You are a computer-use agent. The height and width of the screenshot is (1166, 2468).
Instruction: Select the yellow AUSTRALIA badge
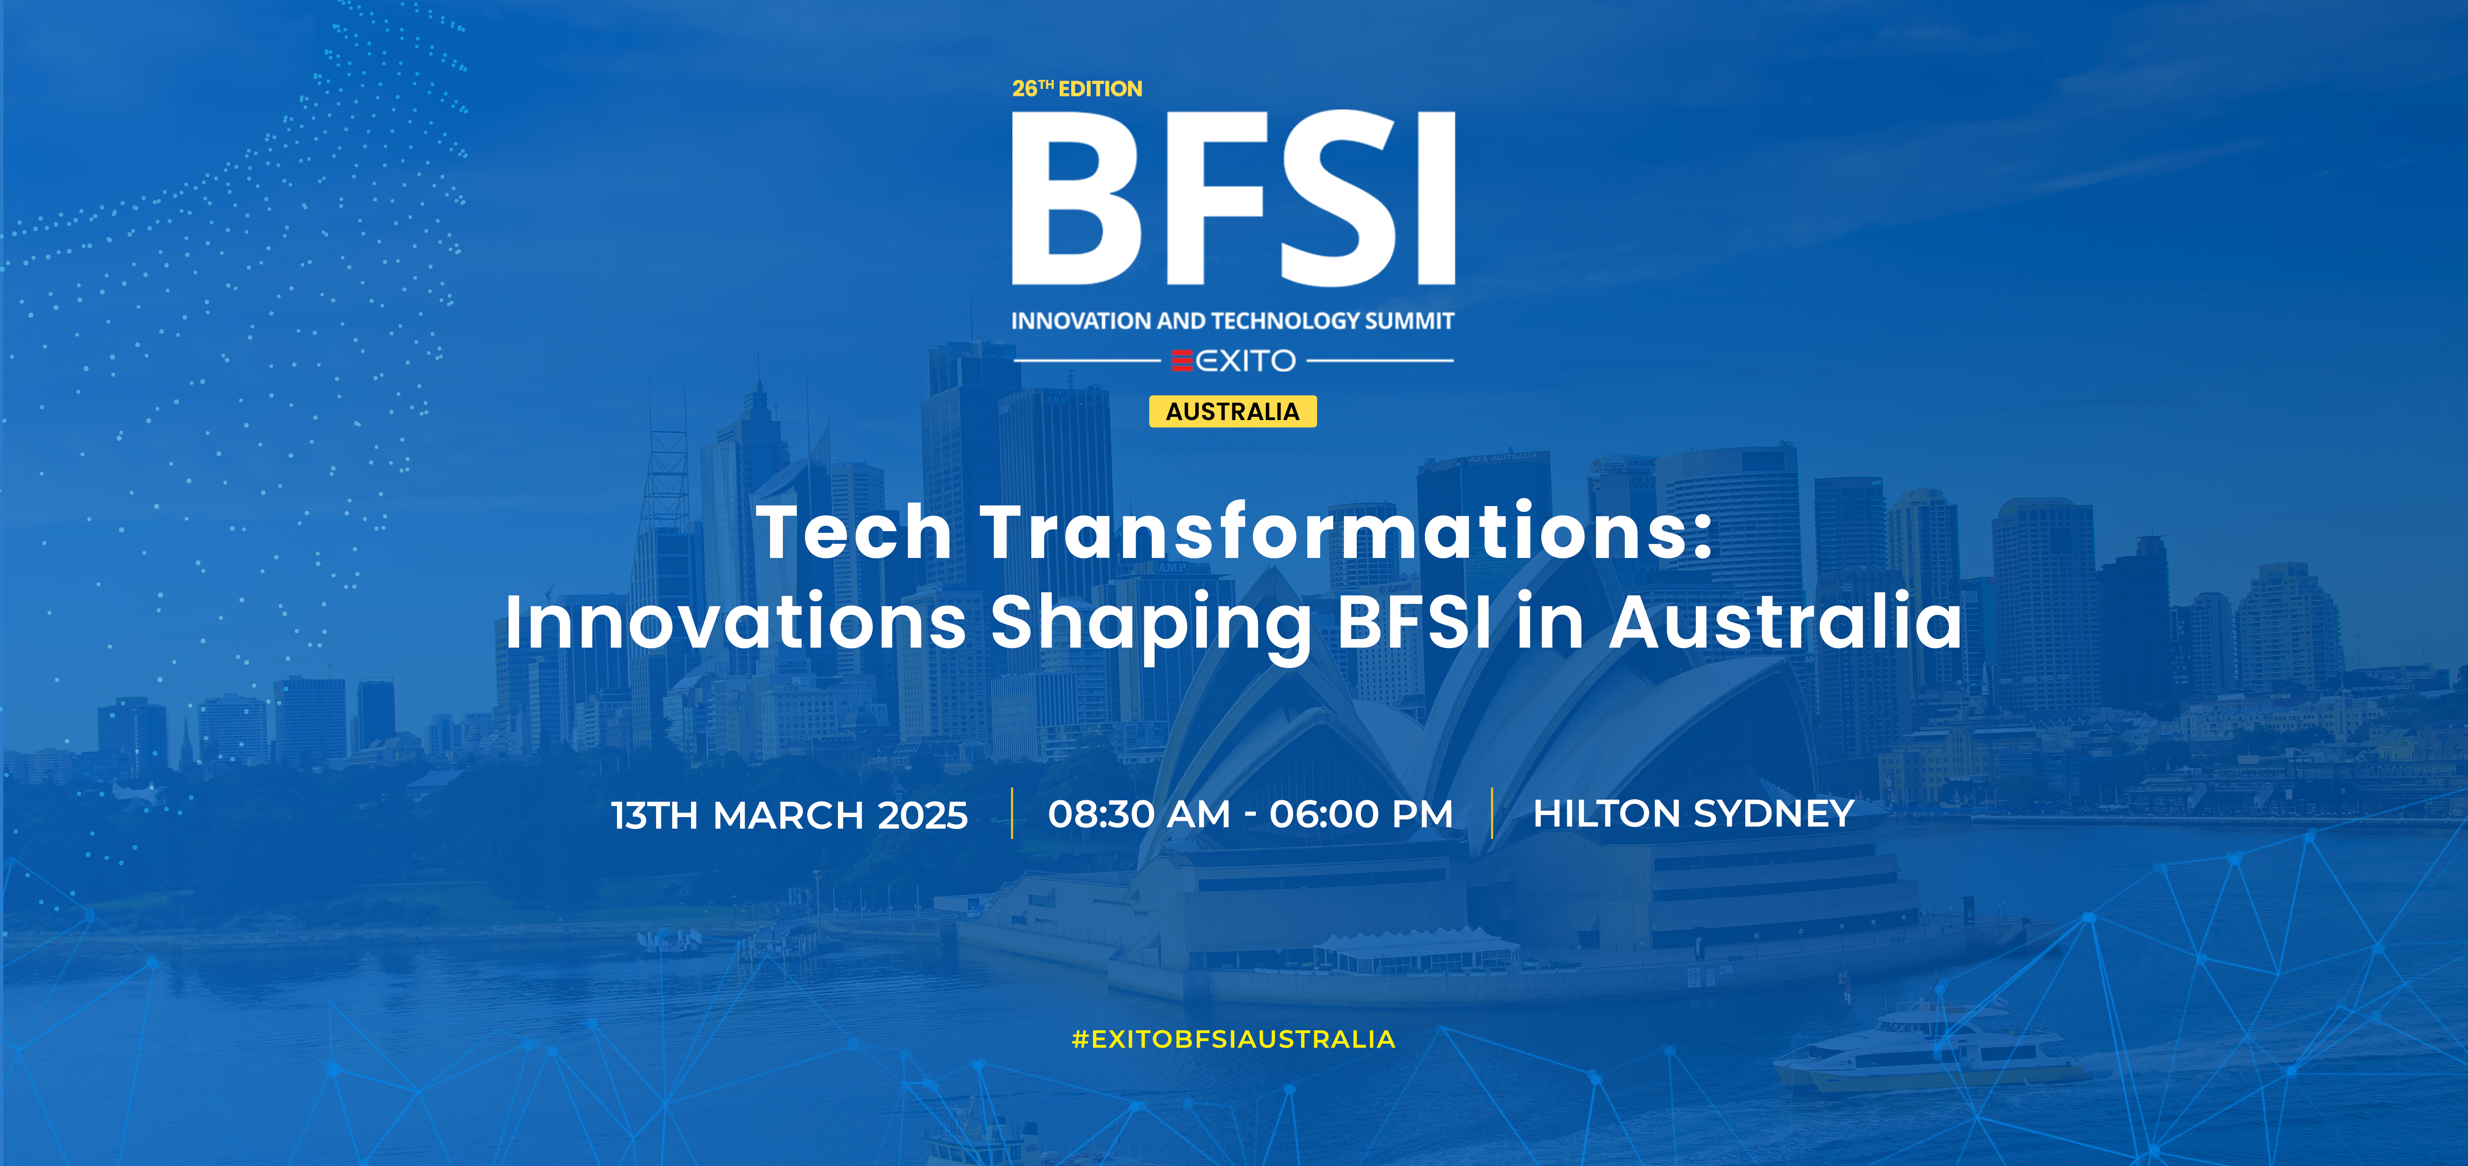(1233, 411)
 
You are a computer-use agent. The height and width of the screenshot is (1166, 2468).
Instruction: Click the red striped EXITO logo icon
(1182, 360)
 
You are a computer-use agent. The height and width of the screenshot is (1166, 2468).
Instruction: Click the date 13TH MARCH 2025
(789, 815)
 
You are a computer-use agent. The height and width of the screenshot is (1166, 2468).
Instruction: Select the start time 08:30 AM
(1139, 814)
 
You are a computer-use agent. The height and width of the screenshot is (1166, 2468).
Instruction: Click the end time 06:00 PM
(1362, 814)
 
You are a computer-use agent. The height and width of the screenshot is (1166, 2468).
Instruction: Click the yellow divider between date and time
(1012, 813)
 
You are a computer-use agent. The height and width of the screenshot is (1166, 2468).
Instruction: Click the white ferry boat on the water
(1926, 1049)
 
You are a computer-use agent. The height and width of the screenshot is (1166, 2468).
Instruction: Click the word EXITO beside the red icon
(1246, 360)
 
